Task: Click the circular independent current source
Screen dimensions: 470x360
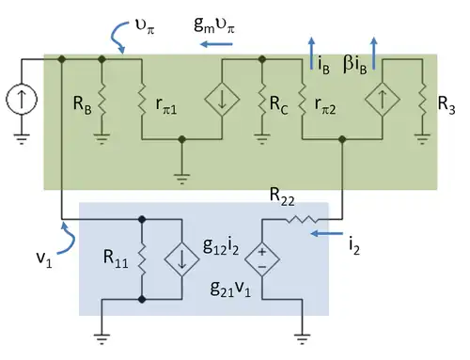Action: (x=22, y=100)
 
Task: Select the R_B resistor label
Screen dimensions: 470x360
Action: (x=83, y=104)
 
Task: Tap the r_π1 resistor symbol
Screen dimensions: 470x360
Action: (x=142, y=99)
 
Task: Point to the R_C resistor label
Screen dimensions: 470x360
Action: (x=278, y=104)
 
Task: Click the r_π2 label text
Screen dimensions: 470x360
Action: (x=325, y=105)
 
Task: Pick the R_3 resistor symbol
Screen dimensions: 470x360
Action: (x=422, y=99)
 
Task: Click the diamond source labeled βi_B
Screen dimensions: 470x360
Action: (x=383, y=100)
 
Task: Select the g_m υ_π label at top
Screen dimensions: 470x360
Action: (x=214, y=24)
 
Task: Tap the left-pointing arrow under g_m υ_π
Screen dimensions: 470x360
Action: (x=216, y=44)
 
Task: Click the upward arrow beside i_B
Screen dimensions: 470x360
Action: (x=311, y=53)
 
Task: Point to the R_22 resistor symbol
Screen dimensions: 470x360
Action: (x=302, y=219)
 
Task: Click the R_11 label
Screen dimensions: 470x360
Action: (x=116, y=259)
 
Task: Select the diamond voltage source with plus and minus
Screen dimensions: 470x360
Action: (x=262, y=259)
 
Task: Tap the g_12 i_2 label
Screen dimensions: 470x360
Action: (x=221, y=246)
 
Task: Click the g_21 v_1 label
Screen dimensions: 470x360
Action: (x=230, y=289)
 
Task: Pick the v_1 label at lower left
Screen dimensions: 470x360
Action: (x=44, y=259)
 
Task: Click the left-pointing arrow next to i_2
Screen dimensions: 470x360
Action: (x=326, y=233)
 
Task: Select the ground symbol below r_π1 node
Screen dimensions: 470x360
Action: (x=181, y=179)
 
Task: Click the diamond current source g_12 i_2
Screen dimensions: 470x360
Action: (x=181, y=259)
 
